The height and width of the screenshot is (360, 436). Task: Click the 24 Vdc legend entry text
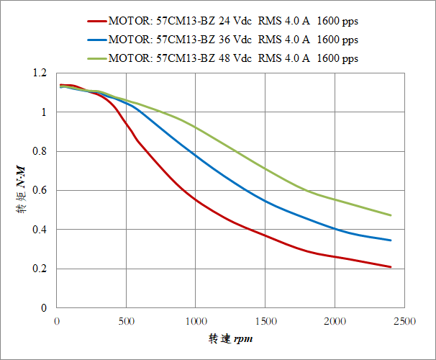(x=232, y=22)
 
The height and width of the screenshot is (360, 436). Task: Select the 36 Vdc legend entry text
(x=232, y=40)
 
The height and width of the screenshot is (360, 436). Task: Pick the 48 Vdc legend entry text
(x=232, y=58)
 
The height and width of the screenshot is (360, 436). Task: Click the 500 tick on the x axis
(x=126, y=320)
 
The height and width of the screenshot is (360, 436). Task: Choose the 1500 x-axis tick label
(x=265, y=320)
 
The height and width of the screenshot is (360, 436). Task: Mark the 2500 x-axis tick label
(x=404, y=320)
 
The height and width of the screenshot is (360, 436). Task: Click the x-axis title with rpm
(x=231, y=338)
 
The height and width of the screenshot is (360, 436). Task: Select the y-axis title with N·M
(x=21, y=191)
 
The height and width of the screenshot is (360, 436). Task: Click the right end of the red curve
(x=391, y=267)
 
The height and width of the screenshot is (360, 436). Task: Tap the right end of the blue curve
(x=391, y=240)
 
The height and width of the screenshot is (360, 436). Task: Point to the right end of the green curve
(x=391, y=215)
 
